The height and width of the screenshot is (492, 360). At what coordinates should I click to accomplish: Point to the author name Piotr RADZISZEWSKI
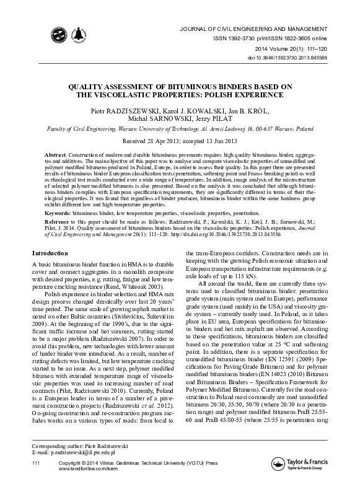tap(121, 110)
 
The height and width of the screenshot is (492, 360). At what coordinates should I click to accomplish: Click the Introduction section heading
tap(50, 253)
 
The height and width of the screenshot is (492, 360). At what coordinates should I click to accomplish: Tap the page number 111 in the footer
tap(36, 480)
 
